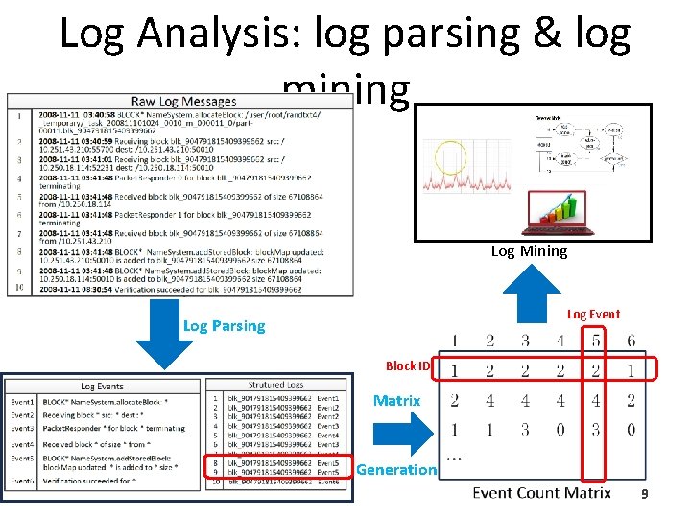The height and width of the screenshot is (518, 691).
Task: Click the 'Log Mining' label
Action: tap(529, 251)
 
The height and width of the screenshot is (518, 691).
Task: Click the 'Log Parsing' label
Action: tap(224, 326)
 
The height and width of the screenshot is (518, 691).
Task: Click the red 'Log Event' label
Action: tap(593, 314)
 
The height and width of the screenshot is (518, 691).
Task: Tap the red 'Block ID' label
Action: tap(408, 365)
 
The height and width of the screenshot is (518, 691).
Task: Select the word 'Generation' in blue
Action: tap(395, 469)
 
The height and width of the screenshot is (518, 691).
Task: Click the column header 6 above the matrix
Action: tap(631, 341)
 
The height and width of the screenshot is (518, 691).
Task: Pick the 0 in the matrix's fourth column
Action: tap(560, 429)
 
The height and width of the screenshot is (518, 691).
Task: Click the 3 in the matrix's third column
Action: tap(525, 429)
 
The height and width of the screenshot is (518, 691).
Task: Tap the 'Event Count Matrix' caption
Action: tap(541, 493)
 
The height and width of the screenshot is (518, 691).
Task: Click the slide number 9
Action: tap(645, 494)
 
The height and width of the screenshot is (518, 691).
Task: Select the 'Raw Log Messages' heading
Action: tap(183, 102)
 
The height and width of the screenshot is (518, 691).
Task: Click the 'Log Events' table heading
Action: tap(101, 386)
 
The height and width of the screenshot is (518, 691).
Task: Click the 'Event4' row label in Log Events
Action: tap(22, 444)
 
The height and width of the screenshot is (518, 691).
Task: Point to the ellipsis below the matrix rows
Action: tap(455, 459)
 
